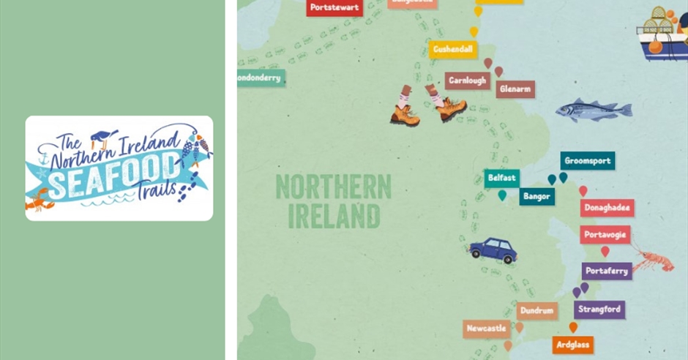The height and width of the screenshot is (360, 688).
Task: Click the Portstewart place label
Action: [334, 7]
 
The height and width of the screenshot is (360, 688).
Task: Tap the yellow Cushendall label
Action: [453, 50]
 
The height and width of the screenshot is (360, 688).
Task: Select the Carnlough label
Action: [467, 80]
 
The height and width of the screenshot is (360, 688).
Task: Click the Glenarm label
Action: [515, 89]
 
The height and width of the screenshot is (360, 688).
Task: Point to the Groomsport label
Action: [588, 161]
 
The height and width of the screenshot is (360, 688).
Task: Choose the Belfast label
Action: [501, 178]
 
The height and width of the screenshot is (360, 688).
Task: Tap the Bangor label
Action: [537, 196]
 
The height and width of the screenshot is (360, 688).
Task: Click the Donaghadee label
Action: [607, 208]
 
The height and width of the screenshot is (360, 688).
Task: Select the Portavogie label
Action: [605, 235]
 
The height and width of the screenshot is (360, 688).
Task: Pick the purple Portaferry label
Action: [607, 271]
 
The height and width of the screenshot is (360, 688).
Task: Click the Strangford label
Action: [599, 309]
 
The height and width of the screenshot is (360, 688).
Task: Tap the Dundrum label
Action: [537, 311]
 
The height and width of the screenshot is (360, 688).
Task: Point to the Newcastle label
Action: [486, 329]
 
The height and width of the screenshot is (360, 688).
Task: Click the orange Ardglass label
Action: [573, 345]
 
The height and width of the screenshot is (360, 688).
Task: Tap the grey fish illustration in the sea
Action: [593, 110]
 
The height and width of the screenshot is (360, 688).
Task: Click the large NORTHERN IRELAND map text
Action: [333, 201]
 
